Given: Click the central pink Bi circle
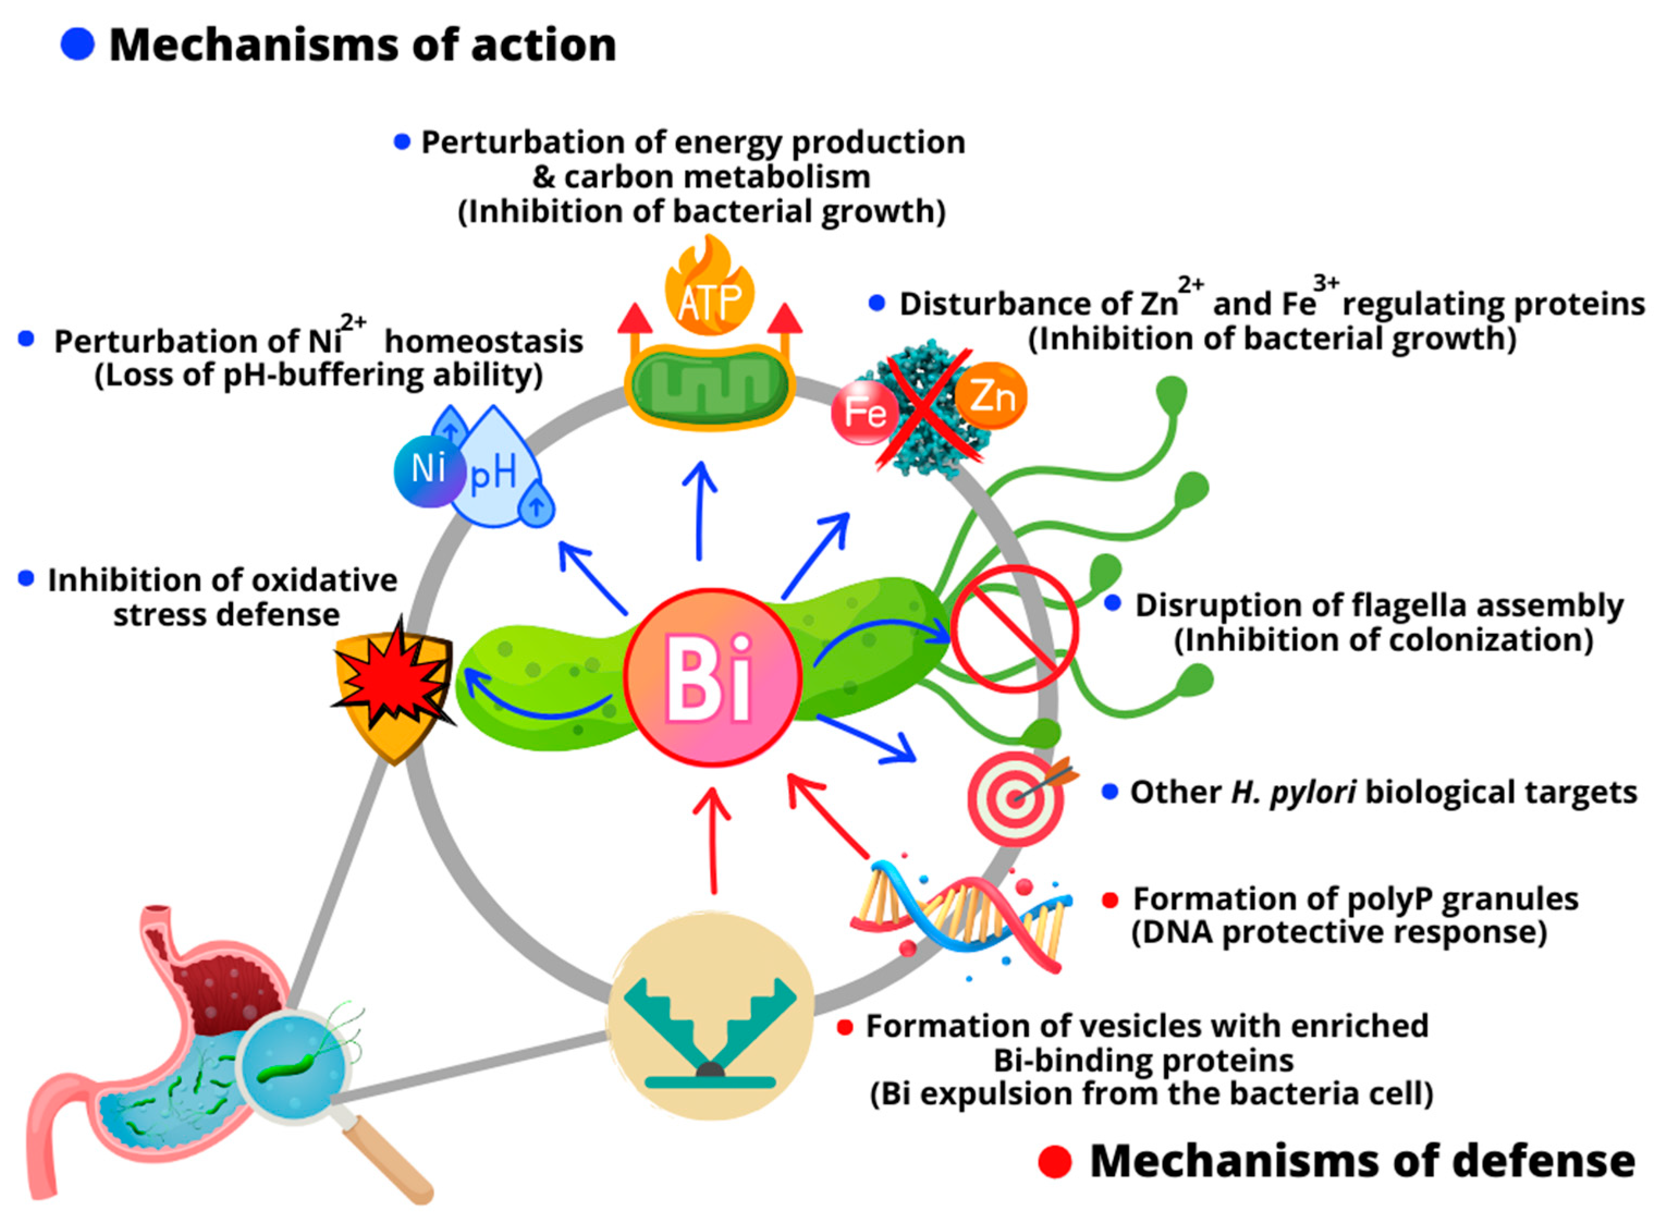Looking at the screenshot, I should click(712, 677).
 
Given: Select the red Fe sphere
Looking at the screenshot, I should click(864, 412).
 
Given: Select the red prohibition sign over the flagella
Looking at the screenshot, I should click(1014, 629).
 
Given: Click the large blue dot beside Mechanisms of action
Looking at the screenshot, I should click(77, 44).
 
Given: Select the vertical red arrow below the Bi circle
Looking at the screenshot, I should click(713, 841).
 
